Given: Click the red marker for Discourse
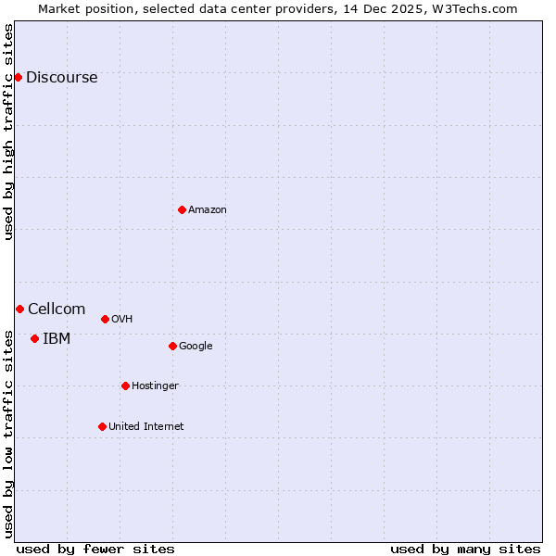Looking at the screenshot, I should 18,77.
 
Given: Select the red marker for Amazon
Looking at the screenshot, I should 182,209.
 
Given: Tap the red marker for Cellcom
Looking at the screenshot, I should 19,309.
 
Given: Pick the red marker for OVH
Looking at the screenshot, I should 105,319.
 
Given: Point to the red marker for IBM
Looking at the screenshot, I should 34,338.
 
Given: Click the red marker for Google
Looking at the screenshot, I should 172,346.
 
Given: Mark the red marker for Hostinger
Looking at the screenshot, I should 125,385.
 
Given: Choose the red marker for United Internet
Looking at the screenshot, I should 102,426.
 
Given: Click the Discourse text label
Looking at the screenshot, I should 61,77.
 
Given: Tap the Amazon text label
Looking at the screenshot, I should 208,209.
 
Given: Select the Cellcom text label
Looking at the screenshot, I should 57,309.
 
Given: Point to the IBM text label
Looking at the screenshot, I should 57,338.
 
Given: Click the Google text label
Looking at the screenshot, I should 196,346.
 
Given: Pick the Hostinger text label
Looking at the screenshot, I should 155,385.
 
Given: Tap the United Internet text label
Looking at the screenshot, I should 146,426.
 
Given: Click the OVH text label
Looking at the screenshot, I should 122,319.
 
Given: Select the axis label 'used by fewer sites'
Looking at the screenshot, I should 95,549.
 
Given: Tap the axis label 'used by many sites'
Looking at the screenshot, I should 465,549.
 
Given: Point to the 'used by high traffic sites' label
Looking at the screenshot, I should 8,132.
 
